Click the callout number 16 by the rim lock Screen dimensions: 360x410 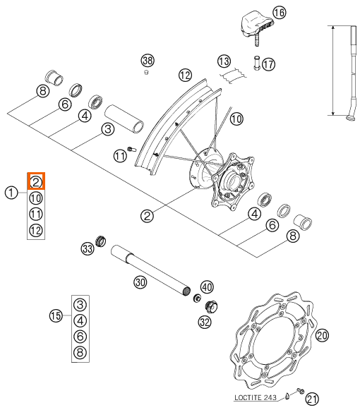click(279, 13)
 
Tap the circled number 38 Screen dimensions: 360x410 click(148, 61)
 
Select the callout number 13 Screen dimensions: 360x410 click(224, 61)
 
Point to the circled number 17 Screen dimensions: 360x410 click(268, 64)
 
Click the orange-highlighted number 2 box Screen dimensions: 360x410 click(36, 181)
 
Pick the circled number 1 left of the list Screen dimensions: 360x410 click(11, 193)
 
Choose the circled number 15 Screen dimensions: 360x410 click(56, 316)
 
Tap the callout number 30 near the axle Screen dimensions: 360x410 click(140, 282)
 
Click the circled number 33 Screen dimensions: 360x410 click(88, 248)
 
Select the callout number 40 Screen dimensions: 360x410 click(207, 287)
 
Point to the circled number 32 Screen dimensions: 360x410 click(205, 322)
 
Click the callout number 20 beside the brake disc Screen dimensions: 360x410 click(322, 335)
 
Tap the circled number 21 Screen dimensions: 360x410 click(313, 399)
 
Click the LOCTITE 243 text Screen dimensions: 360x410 click(256, 398)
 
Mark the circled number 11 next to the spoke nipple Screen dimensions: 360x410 click(120, 156)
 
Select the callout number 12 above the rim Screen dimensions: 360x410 click(185, 76)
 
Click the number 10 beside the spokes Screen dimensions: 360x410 click(236, 119)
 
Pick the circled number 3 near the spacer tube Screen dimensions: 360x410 click(108, 129)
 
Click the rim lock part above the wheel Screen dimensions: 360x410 click(256, 25)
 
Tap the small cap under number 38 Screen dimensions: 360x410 click(147, 72)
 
